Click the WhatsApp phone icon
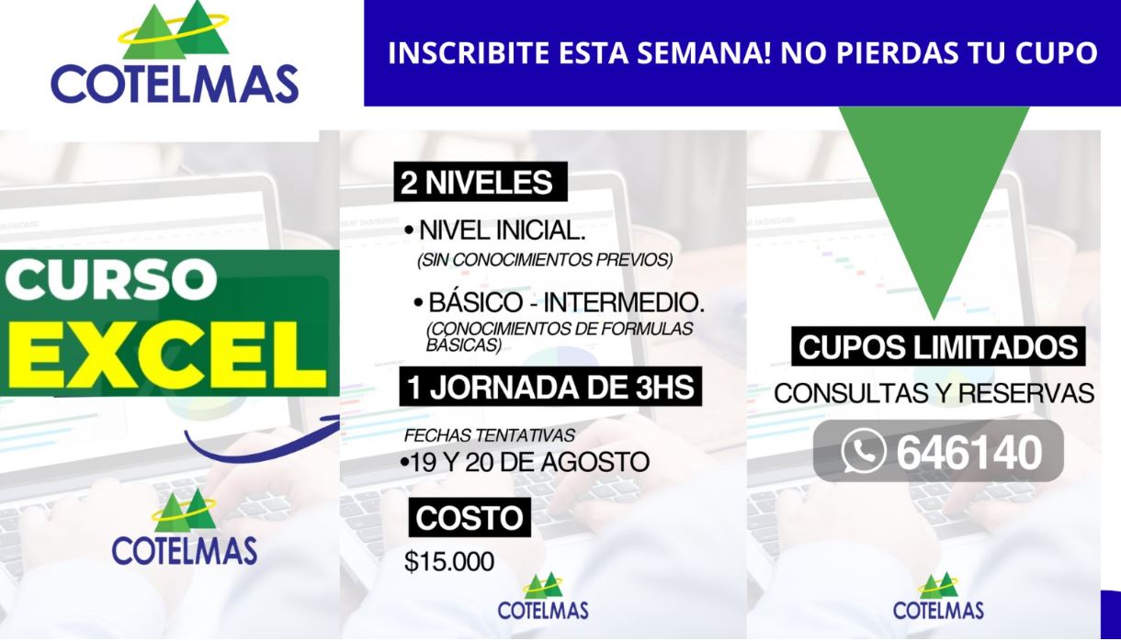864,451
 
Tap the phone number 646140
969,453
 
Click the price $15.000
449,561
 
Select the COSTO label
470,518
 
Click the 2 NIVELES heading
481,182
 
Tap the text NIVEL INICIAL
502,231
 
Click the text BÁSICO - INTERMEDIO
566,302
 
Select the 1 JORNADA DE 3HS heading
550,387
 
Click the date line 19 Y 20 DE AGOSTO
529,462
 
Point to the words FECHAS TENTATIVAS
489,436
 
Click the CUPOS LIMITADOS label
938,346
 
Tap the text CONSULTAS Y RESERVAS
934,393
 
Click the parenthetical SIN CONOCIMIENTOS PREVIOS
545,260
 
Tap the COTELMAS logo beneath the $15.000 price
543,597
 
